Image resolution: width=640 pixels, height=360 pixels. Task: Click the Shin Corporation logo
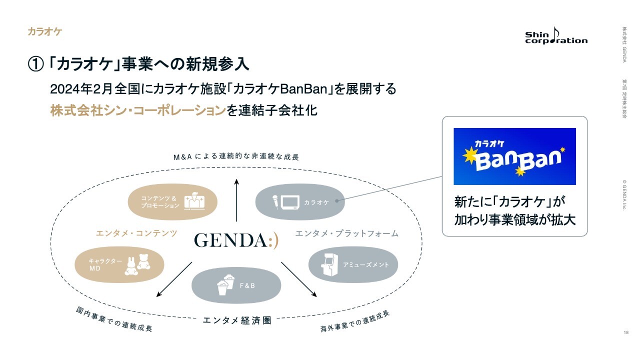point(556,35)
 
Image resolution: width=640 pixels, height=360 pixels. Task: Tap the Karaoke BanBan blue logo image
point(514,156)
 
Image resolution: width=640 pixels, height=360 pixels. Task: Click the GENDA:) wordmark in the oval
point(236,240)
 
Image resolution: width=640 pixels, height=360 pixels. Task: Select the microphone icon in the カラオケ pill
point(275,202)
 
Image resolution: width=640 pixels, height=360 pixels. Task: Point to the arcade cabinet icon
point(329,264)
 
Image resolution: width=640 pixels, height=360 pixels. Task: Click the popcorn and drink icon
point(225,285)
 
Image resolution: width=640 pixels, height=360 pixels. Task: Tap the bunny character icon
point(131,266)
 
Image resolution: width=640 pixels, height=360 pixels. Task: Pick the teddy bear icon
point(143,262)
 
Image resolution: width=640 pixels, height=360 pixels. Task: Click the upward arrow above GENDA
point(236,200)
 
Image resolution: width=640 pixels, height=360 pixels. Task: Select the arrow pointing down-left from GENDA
point(174,279)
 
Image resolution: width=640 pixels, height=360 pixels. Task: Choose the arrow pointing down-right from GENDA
point(299,279)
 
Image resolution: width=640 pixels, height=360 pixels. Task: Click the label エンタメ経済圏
point(237,320)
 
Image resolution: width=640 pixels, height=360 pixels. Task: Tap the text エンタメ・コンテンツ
point(136,233)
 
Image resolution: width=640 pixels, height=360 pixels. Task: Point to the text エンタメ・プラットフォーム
point(347,233)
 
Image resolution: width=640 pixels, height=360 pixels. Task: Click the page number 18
point(626,332)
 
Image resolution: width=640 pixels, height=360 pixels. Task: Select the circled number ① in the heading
point(35,64)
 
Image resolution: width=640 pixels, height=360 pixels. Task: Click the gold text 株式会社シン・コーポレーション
point(138,110)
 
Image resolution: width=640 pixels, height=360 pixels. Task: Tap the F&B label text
point(247,285)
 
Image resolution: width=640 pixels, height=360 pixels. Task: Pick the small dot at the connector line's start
point(337,201)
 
